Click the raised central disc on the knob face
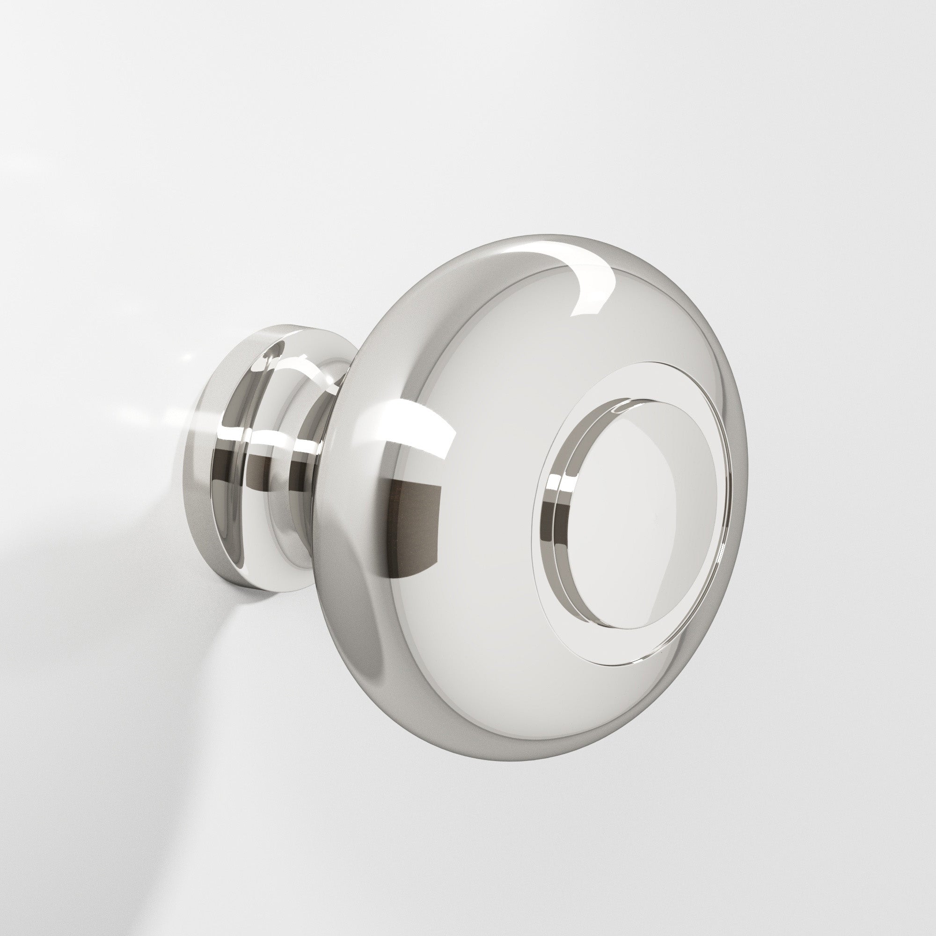click(x=630, y=513)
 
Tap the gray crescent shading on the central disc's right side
click(x=698, y=523)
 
